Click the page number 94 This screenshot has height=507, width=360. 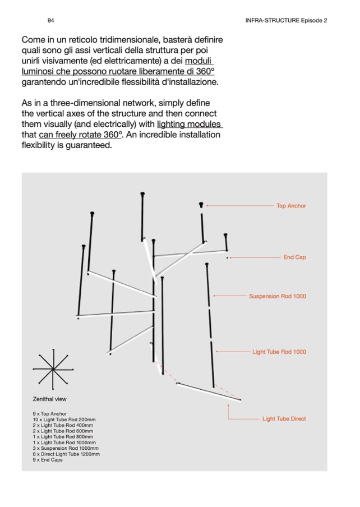[x=50, y=20]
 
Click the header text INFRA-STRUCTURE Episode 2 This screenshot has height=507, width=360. [x=286, y=20]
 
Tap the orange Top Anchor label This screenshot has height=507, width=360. [x=291, y=206]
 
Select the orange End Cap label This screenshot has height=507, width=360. [x=294, y=257]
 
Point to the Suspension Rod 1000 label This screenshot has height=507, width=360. [x=278, y=296]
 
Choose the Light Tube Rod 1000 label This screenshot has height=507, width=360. [x=279, y=352]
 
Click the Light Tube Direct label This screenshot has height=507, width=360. [x=284, y=419]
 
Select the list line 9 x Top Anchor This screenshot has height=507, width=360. [x=50, y=414]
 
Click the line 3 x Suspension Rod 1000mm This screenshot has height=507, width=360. [x=66, y=448]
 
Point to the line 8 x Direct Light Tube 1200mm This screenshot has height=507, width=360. [x=66, y=454]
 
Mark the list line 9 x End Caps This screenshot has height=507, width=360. [x=48, y=460]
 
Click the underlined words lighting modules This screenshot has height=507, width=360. [x=189, y=124]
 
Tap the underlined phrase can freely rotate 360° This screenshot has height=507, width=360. [x=80, y=135]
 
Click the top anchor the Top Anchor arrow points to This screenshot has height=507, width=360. [x=201, y=205]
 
